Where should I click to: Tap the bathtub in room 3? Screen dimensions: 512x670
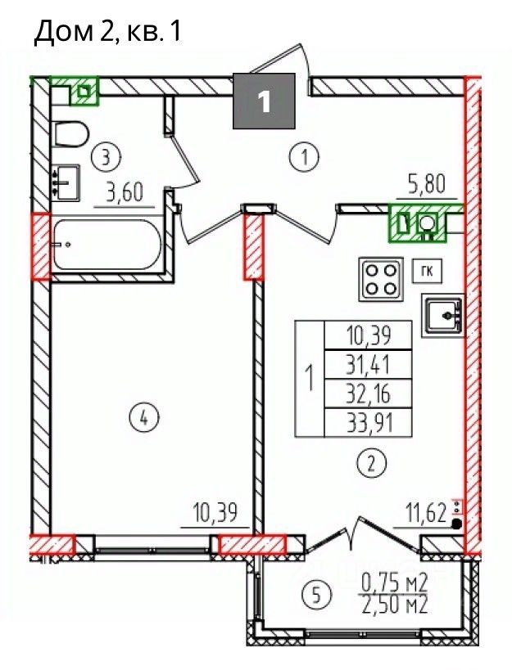click(106, 245)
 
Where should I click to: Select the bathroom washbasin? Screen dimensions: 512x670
click(66, 182)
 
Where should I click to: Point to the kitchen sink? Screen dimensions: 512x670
click(442, 315)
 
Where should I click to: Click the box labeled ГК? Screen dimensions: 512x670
click(427, 271)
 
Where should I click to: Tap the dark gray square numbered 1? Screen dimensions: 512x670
click(265, 101)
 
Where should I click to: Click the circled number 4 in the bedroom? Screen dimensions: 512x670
click(143, 417)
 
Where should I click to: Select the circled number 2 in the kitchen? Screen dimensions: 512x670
click(371, 463)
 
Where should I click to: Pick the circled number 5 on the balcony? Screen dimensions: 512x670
click(316, 595)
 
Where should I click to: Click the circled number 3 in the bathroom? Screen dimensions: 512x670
click(106, 157)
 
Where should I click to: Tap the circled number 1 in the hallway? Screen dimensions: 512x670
click(304, 157)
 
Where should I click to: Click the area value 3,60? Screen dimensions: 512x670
click(125, 192)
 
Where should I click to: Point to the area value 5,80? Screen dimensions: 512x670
click(426, 185)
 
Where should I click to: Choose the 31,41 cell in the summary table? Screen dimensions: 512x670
click(369, 365)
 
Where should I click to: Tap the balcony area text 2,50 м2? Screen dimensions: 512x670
click(395, 605)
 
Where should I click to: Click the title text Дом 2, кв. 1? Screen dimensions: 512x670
click(108, 32)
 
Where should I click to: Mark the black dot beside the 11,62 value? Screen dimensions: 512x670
click(457, 523)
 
